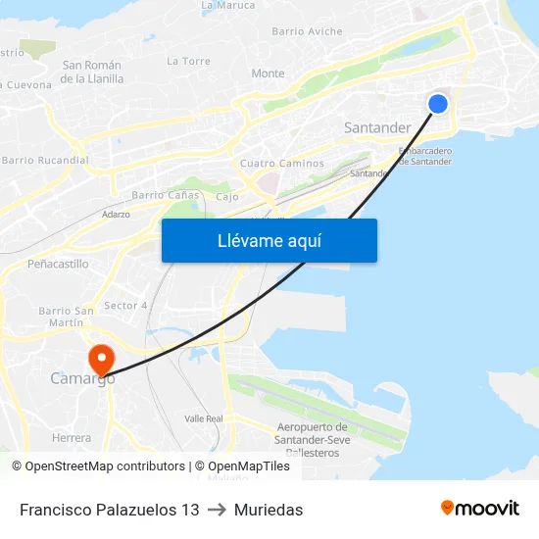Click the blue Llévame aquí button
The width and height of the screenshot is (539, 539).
(269, 240)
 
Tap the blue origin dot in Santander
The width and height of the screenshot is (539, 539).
(438, 103)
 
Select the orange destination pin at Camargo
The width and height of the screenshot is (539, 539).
(101, 358)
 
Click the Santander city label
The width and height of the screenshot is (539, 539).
(377, 127)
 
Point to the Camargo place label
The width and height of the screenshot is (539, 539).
(82, 378)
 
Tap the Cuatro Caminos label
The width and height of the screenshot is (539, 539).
(281, 164)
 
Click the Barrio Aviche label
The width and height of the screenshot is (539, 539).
(307, 31)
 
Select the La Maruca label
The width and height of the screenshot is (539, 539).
(227, 5)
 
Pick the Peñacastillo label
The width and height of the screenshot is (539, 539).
(58, 264)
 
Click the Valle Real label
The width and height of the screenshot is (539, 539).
(204, 418)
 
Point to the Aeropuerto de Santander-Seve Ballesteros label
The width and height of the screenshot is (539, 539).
(313, 439)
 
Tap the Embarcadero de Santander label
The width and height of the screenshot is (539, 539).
(425, 156)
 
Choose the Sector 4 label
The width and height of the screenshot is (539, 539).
(125, 306)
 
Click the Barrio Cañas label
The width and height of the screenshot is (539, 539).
(166, 195)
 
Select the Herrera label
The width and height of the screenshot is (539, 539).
(72, 438)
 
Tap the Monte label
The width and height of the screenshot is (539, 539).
(268, 73)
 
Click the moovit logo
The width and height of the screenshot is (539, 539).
(480, 509)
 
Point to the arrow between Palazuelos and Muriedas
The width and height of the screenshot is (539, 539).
(217, 510)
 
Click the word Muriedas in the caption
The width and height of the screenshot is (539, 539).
(268, 510)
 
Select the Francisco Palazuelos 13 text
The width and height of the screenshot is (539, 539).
(109, 510)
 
